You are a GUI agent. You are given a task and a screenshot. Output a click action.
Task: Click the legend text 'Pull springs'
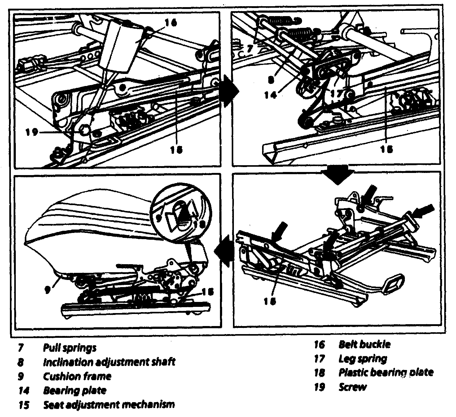pos(69,348)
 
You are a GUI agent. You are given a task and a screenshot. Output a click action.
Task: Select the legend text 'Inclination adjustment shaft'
pos(109,362)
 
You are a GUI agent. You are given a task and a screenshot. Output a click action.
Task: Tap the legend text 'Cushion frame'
pos(77,376)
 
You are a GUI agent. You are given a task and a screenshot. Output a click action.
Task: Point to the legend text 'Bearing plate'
pos(74,390)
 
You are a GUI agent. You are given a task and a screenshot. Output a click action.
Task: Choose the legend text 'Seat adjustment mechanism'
pos(109,404)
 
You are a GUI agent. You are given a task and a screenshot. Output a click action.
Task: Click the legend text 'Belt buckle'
pos(364,344)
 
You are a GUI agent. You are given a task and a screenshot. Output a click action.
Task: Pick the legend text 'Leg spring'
pos(362,359)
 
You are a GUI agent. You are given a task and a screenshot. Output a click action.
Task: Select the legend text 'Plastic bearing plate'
pos(386,372)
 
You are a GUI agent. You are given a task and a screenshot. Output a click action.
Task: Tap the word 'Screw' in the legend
pos(353,387)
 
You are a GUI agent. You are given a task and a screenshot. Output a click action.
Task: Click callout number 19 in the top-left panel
pos(32,132)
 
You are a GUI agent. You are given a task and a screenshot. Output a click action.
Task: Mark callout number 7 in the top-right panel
pos(250,49)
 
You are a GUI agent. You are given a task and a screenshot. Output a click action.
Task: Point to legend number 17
pos(319,359)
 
